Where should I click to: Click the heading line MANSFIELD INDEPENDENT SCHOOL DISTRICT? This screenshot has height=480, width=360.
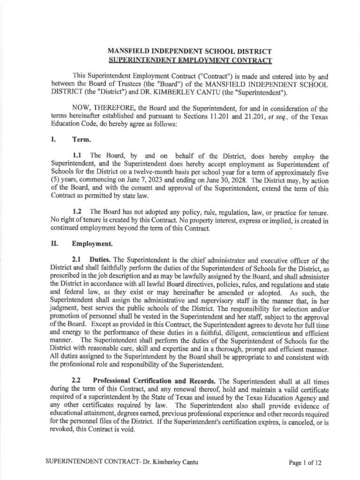pos(190,51)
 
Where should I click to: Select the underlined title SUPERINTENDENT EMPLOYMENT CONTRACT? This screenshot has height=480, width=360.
pos(190,60)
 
